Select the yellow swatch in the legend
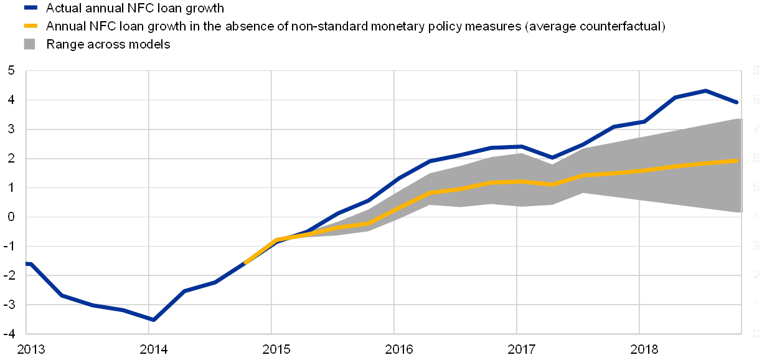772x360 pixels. point(30,26)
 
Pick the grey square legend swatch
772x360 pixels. point(30,44)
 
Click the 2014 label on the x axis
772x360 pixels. point(149,349)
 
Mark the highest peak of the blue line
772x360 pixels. point(705,90)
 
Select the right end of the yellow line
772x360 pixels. point(737,161)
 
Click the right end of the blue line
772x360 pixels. point(737,102)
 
